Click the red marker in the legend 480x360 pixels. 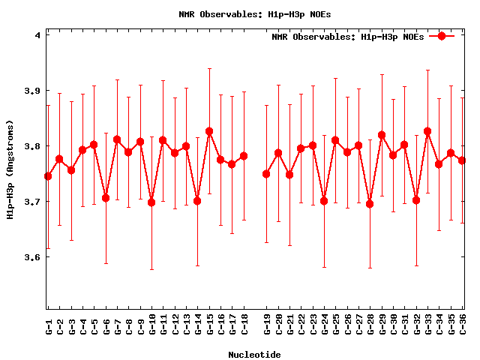tap(442, 36)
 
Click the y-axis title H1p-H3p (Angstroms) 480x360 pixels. tap(10, 170)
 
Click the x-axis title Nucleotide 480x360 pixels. tap(255, 354)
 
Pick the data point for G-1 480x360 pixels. tap(48, 176)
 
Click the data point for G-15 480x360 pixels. tap(209, 131)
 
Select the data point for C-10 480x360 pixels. tap(151, 202)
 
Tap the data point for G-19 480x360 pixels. tap(266, 174)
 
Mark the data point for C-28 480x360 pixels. tap(370, 204)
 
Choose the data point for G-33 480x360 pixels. tap(427, 131)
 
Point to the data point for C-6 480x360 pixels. tap(106, 198)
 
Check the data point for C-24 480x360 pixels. tap(324, 201)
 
